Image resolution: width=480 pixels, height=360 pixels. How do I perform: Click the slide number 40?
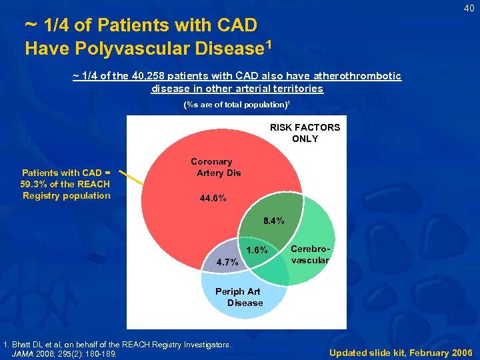coord(469,8)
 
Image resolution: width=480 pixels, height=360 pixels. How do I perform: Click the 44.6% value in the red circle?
coord(213,199)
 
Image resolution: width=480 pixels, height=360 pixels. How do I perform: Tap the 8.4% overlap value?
coord(273,221)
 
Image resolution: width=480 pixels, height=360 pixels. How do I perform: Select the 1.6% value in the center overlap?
coord(257,250)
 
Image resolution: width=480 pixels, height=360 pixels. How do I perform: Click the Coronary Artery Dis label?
coord(211,167)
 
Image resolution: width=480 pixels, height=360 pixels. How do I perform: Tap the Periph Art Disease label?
coord(239,297)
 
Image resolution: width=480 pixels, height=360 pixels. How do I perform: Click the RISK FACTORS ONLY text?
coord(305,133)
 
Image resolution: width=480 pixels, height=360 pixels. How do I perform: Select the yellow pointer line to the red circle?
coord(136,176)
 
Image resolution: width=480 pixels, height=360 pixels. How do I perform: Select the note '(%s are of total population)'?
coord(237,105)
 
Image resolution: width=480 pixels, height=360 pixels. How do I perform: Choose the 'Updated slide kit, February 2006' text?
coord(401,352)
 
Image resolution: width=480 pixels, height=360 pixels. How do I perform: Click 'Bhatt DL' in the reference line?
coord(28,344)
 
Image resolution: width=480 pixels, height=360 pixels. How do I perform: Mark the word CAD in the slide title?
coord(237,26)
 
